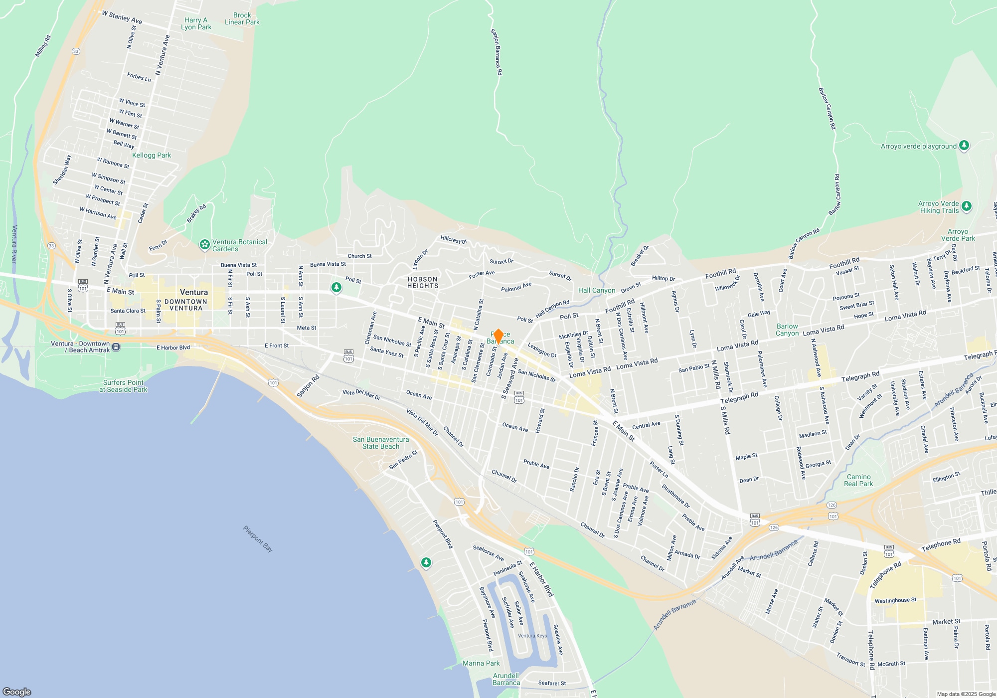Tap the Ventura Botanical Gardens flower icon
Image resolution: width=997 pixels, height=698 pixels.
point(204,245)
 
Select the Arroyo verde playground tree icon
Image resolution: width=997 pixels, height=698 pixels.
point(964,146)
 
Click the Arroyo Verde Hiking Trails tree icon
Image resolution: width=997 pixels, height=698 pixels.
point(967,206)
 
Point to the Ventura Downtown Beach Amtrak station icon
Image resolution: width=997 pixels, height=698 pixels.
point(116,347)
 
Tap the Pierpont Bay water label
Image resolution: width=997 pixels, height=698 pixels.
point(258,539)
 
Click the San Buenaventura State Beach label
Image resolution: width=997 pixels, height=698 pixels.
point(381,443)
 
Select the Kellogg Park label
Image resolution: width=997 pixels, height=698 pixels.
point(152,155)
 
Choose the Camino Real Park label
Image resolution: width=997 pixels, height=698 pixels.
point(858,480)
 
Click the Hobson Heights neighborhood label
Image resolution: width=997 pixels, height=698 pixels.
point(423,283)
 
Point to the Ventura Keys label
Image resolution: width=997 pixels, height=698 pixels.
point(532,636)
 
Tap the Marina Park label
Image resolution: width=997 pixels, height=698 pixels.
point(481,663)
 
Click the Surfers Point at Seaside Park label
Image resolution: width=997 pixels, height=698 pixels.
point(123,386)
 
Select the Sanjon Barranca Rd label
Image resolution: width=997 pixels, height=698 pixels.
point(497,52)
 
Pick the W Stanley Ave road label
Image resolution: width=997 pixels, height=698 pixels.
point(122,17)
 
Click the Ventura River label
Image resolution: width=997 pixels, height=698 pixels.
point(14,244)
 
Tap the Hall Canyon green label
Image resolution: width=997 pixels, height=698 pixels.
point(597,290)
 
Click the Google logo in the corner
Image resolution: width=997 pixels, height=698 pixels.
point(17,692)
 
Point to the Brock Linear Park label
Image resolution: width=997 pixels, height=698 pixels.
point(242,18)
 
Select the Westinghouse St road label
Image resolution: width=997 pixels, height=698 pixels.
point(895,600)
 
